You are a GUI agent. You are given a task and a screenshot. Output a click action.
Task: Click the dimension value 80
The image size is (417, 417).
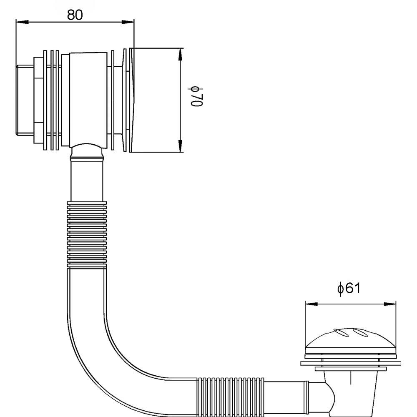[x=75, y=15]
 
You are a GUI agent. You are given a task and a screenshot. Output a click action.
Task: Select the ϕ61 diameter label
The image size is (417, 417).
[x=349, y=288]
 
